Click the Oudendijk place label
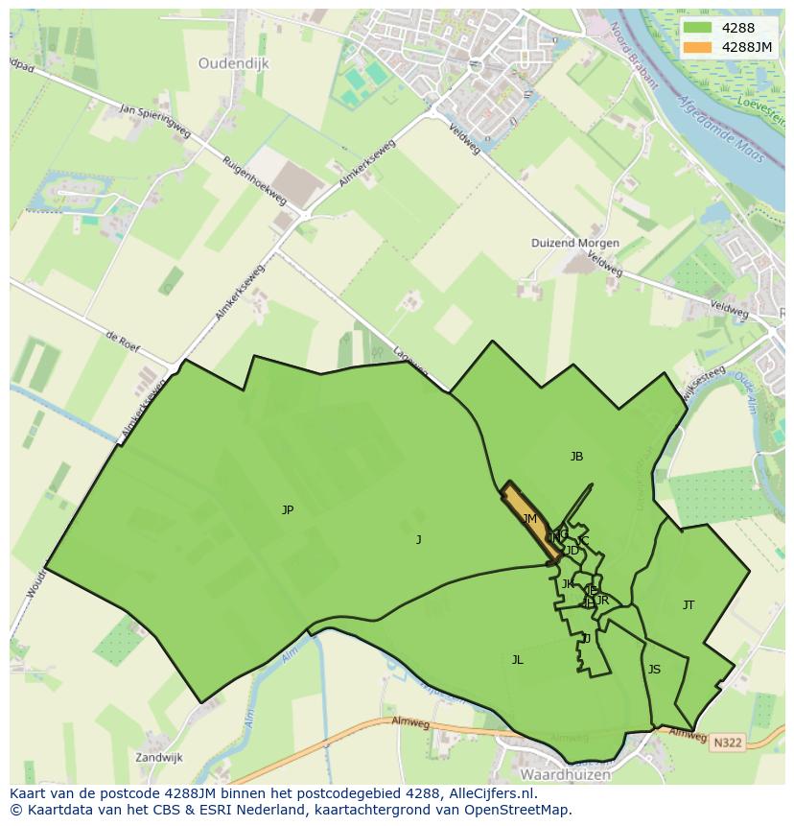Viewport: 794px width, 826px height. point(234,63)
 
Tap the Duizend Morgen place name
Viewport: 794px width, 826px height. point(575,244)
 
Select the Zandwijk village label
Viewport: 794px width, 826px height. point(158,757)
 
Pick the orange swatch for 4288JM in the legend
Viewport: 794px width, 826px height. point(699,47)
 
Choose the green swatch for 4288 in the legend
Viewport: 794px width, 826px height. point(699,28)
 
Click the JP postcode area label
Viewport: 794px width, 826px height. point(288,510)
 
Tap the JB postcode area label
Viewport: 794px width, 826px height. point(576,457)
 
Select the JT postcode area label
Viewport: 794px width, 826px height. point(689,605)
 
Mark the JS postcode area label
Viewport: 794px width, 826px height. point(654,670)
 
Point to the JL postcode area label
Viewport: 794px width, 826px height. point(518,660)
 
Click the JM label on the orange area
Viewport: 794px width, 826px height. point(529,519)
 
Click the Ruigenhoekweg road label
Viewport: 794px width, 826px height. point(254,179)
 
